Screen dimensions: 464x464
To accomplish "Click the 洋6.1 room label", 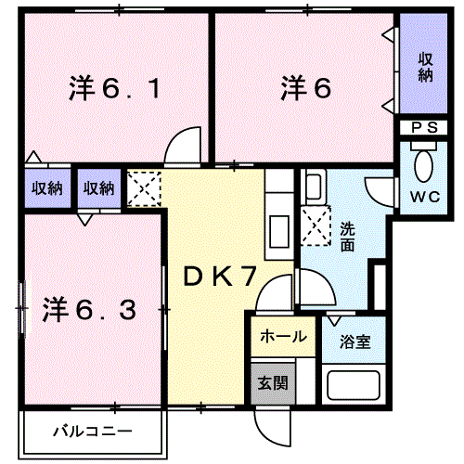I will tap(116, 90).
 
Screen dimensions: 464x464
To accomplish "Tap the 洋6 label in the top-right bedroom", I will tap(305, 88).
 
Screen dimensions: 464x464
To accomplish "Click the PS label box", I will tap(424, 127).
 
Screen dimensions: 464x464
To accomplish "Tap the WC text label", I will tap(423, 196).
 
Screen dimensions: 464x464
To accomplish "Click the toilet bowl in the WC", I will tap(424, 166).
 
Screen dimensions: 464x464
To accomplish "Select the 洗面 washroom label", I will tap(347, 237).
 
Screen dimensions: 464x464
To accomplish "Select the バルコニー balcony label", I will tap(92, 432).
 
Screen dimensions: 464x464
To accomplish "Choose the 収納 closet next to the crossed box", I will tap(98, 188).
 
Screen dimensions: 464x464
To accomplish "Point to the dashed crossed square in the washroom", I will tap(314, 226).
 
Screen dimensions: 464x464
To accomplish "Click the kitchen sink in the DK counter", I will tap(277, 226).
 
